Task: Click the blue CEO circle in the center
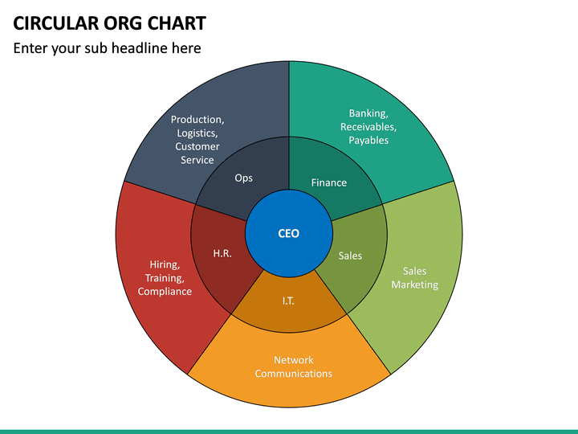[289, 233]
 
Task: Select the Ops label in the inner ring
[244, 178]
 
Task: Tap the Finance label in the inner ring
[329, 182]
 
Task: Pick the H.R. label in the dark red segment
[222, 253]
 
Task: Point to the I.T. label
[288, 301]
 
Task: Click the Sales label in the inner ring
[350, 256]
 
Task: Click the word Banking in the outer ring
[368, 113]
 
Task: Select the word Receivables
[368, 127]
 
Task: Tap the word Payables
[368, 141]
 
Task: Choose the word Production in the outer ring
[197, 120]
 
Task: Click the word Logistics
[197, 133]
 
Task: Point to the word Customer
[197, 146]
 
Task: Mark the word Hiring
[165, 265]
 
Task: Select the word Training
[165, 278]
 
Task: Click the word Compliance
[165, 292]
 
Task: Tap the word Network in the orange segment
[294, 360]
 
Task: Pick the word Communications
[294, 374]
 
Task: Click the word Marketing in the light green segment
[415, 285]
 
